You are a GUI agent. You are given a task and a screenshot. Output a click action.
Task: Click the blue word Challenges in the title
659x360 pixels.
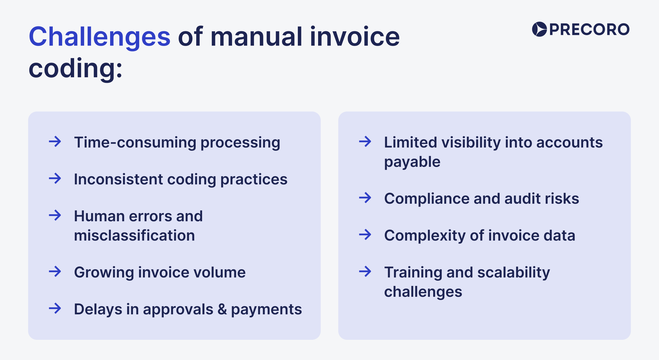[100, 37]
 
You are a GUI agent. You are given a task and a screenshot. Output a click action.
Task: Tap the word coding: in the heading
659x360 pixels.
[75, 68]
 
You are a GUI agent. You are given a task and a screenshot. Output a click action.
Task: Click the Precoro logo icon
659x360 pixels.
[539, 29]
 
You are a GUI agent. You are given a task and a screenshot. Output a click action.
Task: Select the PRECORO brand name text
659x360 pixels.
[589, 30]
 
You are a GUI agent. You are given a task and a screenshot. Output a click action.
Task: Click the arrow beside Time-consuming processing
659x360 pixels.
[55, 142]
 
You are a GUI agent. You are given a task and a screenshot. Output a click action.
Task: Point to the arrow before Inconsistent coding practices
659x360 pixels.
[55, 179]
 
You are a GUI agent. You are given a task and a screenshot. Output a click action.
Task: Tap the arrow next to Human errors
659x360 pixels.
[55, 216]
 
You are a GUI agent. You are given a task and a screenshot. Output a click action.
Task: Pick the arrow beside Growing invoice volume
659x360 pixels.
[55, 272]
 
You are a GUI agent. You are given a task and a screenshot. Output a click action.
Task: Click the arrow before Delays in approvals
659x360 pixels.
[55, 308]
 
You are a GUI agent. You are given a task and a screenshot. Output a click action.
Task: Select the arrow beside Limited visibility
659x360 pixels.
[365, 142]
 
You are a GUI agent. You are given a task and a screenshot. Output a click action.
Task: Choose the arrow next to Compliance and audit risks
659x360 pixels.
[365, 198]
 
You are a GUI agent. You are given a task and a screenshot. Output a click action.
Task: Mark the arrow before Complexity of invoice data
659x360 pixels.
[365, 235]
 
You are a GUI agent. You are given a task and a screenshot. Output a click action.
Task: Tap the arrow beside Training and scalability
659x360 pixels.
[365, 272]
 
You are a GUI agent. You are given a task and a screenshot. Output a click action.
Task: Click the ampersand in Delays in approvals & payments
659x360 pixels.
[222, 309]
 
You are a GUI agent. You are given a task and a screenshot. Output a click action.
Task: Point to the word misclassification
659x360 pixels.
[134, 236]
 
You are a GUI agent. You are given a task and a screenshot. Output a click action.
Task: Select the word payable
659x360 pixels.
[412, 162]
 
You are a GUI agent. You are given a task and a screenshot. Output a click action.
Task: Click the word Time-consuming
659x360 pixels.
[135, 143]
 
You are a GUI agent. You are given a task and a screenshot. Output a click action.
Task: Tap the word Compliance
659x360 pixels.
[427, 199]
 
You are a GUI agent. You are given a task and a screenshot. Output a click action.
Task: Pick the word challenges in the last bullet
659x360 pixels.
[423, 292]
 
